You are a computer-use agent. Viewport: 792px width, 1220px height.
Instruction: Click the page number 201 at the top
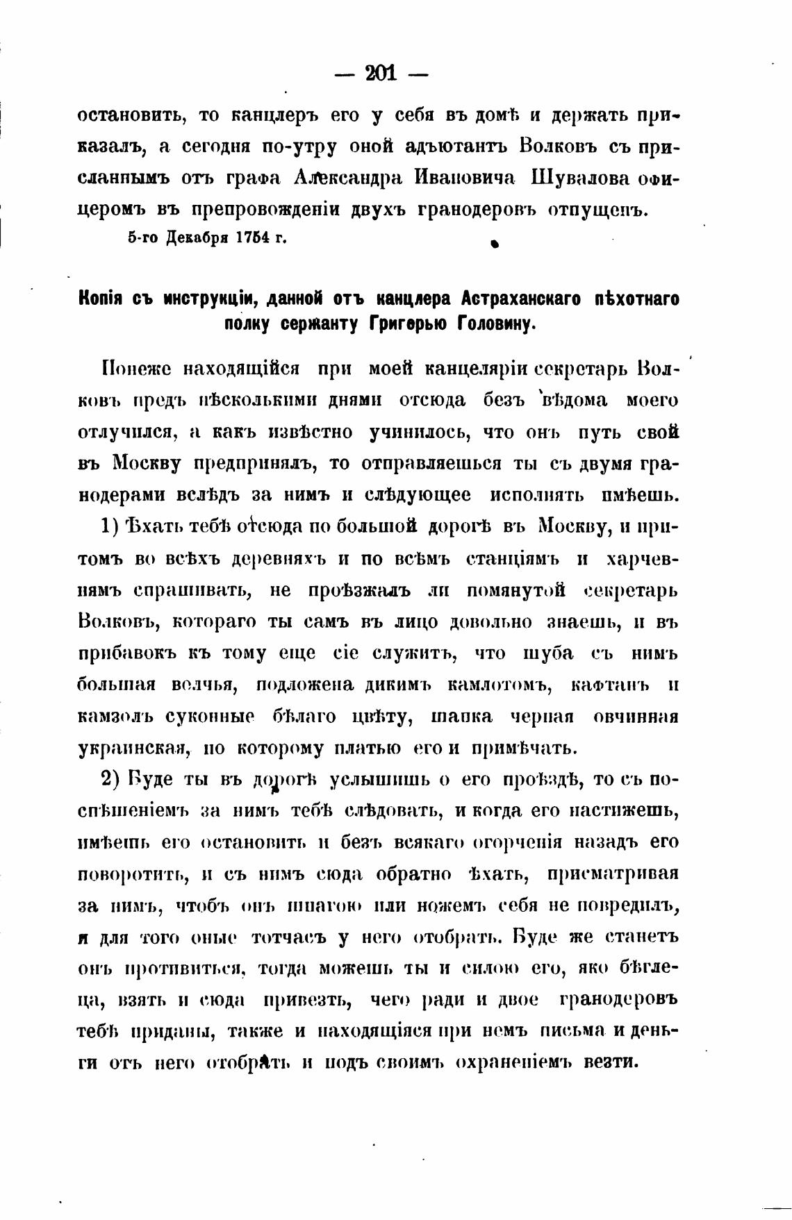[381, 73]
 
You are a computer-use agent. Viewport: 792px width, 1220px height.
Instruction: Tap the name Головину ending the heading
[497, 324]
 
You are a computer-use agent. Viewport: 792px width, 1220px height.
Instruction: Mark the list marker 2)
[113, 779]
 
